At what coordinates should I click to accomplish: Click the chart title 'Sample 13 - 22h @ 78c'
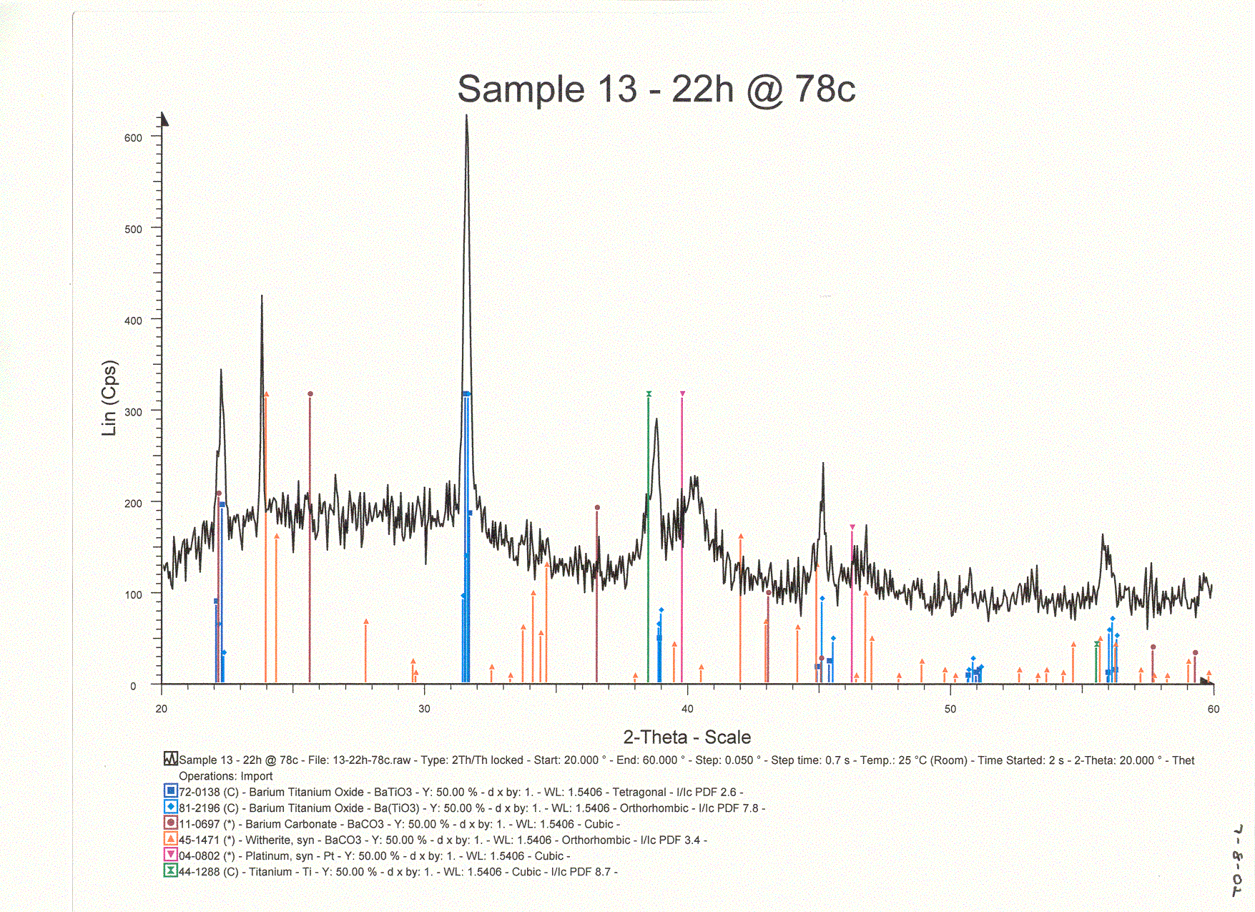(x=656, y=89)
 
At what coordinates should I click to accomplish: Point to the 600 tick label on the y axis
(x=133, y=138)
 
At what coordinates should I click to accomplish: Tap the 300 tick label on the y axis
(x=133, y=412)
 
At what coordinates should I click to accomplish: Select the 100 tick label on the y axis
(x=133, y=594)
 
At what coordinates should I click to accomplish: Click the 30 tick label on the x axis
(x=424, y=709)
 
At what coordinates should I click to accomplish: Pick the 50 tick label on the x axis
(x=950, y=709)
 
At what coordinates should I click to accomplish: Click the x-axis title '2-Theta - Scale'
(x=686, y=737)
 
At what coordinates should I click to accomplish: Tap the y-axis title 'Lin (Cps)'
(x=109, y=398)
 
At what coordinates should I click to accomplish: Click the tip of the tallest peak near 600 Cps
(x=466, y=116)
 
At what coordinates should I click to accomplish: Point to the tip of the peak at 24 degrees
(x=262, y=295)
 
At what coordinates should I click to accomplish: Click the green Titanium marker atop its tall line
(x=649, y=394)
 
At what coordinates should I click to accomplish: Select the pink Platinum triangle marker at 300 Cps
(x=682, y=394)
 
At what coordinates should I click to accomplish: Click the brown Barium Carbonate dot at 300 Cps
(x=310, y=394)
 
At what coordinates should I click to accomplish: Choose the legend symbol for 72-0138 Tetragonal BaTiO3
(x=170, y=791)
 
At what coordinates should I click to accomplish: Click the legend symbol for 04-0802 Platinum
(x=170, y=855)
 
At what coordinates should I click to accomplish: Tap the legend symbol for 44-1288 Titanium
(x=170, y=871)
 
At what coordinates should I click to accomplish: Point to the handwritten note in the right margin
(x=1238, y=861)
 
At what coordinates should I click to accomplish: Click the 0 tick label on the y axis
(x=133, y=686)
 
